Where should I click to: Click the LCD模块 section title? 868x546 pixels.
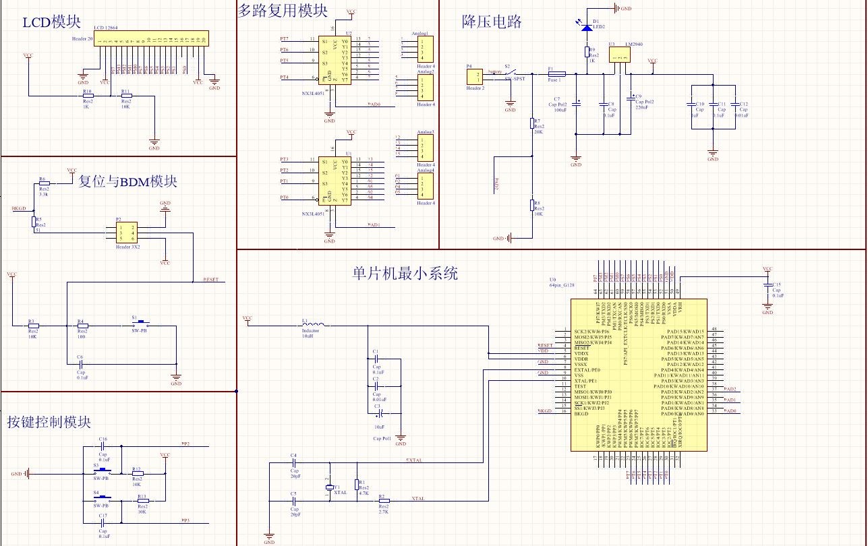[52, 22]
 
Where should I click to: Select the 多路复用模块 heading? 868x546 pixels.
[283, 10]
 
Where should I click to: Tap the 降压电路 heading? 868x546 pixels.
[492, 22]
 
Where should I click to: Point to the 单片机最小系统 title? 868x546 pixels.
[405, 274]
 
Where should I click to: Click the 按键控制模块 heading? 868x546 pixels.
[49, 422]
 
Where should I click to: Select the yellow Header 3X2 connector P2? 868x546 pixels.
[126, 233]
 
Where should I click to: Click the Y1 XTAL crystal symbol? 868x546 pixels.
[329, 487]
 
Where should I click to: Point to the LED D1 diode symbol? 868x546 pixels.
[587, 28]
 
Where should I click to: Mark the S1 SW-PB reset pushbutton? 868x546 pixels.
[142, 325]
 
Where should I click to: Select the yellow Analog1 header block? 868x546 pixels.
[426, 51]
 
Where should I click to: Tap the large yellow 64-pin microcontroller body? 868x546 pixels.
[638, 375]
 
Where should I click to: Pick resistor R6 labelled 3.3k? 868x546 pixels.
[43, 183]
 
